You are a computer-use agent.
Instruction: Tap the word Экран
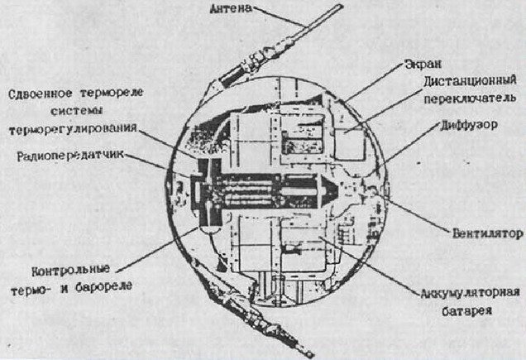[422, 64]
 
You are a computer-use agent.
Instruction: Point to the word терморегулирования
[73, 130]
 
